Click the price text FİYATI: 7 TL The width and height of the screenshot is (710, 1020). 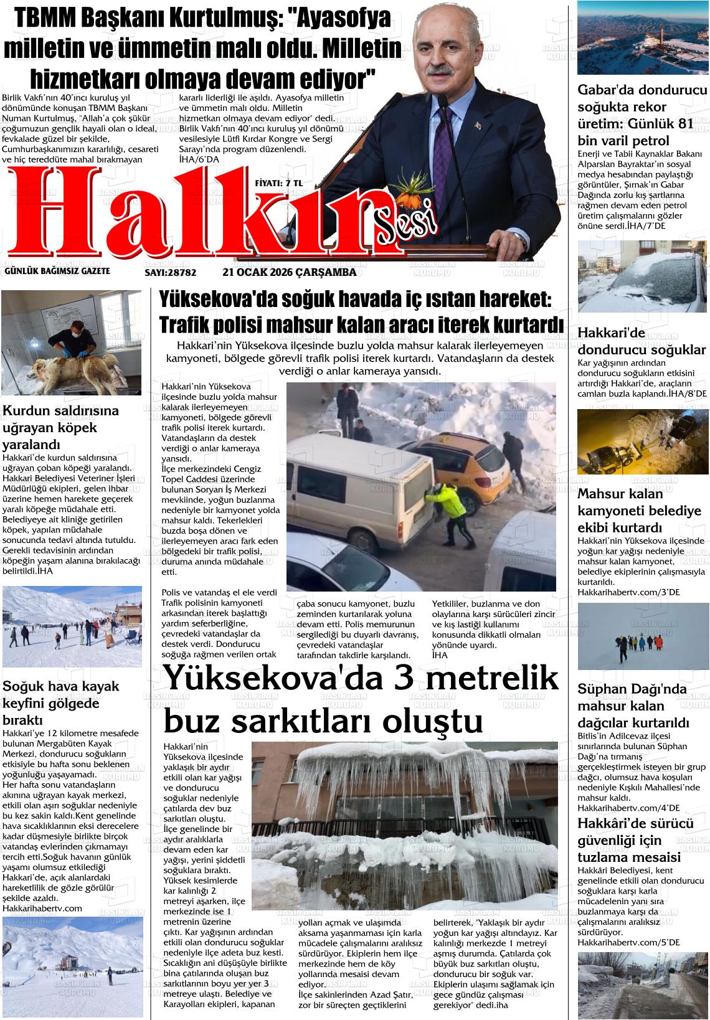[278, 183]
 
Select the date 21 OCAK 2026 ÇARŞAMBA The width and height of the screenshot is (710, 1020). [289, 272]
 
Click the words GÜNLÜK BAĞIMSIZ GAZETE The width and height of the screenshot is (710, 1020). [57, 271]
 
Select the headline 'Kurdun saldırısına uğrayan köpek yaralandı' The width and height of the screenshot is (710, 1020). [60, 428]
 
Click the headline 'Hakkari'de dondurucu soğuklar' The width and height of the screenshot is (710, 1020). [641, 341]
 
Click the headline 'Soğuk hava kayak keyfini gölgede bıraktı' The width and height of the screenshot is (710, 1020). [60, 703]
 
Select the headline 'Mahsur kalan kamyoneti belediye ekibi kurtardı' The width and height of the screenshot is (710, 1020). [639, 511]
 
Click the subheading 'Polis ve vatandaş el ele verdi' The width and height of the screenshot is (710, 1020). [219, 592]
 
